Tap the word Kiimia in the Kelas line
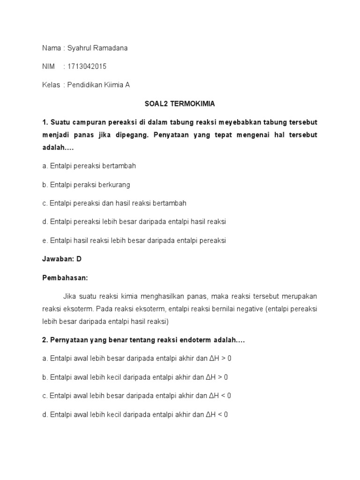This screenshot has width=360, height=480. [112, 85]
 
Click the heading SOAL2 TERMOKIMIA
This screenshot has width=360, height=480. [180, 104]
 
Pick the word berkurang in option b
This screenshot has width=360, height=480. [114, 184]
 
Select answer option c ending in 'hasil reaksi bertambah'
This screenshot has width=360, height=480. [114, 203]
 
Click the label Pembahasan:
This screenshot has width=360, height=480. [65, 277]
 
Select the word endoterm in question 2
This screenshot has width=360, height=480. [190, 340]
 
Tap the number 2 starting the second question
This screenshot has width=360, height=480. [44, 340]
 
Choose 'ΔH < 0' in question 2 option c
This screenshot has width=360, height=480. [219, 396]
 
